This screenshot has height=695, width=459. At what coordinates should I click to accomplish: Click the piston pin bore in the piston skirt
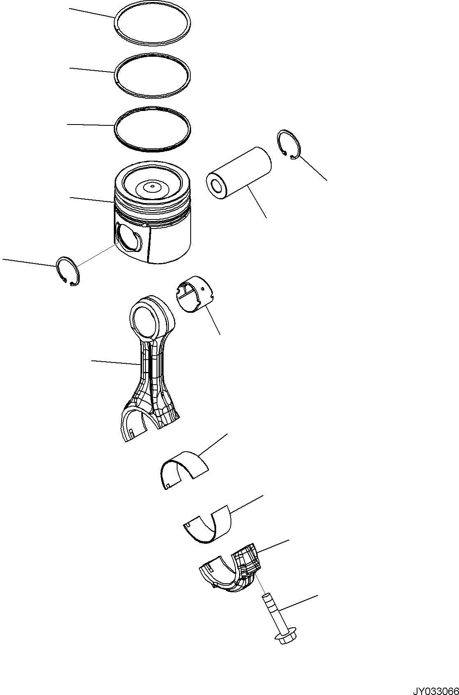click(129, 237)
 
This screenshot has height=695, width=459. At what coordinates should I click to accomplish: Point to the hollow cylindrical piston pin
click(242, 173)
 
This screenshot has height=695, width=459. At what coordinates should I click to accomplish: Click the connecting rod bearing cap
click(230, 571)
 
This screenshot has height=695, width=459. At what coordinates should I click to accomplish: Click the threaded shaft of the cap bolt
click(271, 616)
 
